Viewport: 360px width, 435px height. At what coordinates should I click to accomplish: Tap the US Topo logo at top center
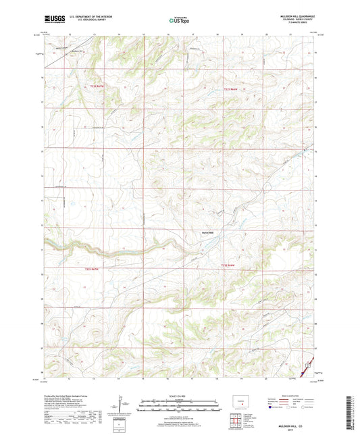click(x=175, y=21)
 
